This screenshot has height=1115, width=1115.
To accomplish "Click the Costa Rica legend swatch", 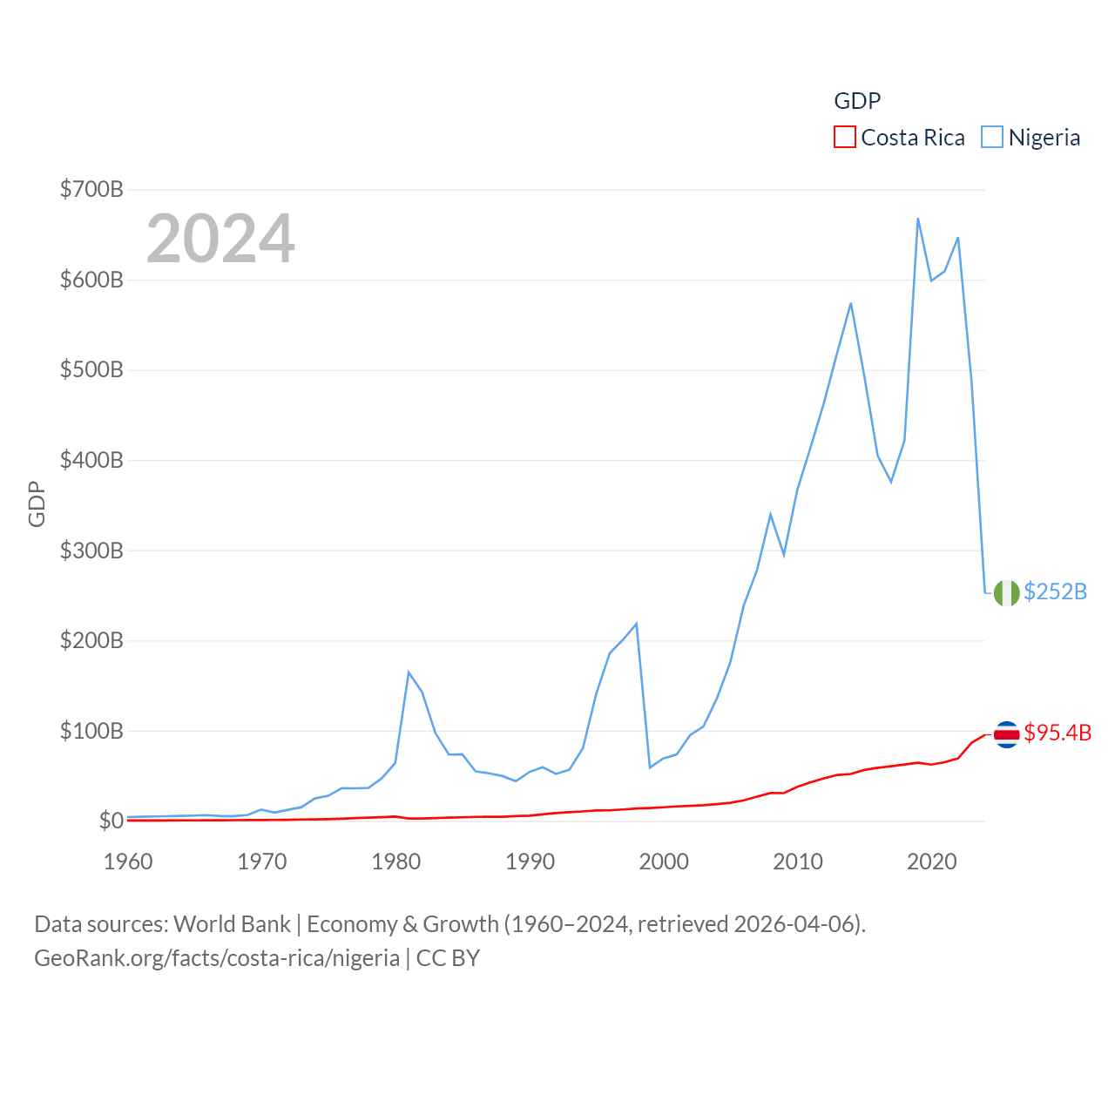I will coord(844,138).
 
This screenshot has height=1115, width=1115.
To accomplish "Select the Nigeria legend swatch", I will coord(991,138).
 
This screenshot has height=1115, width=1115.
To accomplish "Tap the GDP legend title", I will coord(857,101).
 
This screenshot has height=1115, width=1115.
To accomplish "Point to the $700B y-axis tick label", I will coord(91,189).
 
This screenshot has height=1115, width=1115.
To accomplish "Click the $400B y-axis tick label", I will coord(91,460).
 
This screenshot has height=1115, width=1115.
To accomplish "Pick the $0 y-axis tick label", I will coord(111,821).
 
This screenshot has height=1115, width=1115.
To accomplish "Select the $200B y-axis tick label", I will coord(91,640).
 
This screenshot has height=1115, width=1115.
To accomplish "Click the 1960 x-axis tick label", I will coord(128,862).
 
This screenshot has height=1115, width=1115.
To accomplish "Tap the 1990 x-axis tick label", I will coord(530,862).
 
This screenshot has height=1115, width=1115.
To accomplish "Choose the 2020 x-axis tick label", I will coord(931,862).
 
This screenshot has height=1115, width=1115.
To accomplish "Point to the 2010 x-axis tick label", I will coord(798,862).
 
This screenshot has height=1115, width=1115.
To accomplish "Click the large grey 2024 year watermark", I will coord(220,239).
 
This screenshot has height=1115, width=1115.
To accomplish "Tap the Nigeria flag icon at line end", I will coord(1006,592).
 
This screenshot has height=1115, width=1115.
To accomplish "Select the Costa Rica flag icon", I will coord(1006,734).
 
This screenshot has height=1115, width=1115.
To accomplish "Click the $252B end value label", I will coord(1055,592).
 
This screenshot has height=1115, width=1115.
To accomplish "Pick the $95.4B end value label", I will coord(1058,733).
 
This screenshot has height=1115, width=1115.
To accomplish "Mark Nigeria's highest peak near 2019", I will coord(918,219).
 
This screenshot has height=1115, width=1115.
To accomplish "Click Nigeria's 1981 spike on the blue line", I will coord(409,672).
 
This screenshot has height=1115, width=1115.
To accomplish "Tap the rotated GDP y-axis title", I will coord(37,503).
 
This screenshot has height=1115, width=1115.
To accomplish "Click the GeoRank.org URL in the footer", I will coord(217,958).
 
